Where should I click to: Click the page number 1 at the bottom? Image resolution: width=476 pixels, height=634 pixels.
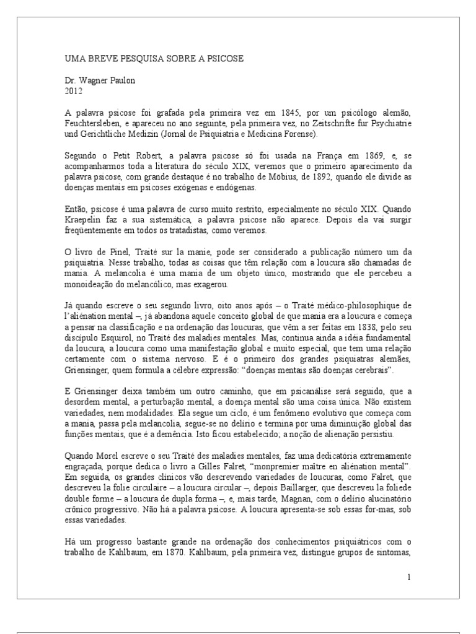click(x=409, y=577)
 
